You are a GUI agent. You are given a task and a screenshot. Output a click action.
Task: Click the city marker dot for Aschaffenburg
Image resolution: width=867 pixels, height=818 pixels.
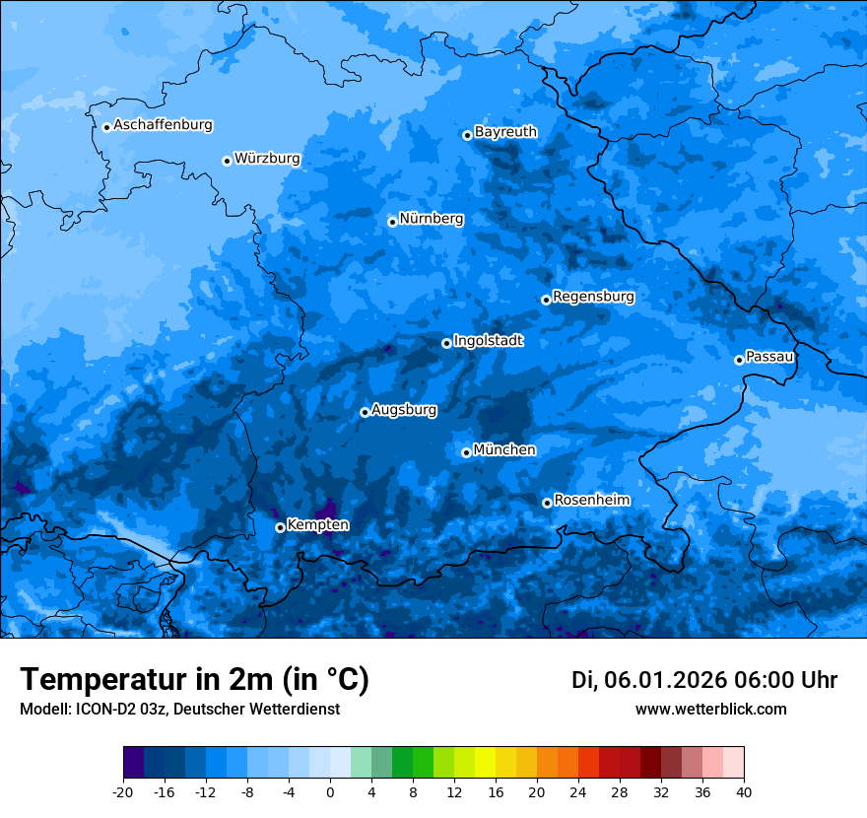point(106,126)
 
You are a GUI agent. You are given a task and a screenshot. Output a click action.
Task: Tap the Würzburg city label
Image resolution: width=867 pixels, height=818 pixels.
point(267,159)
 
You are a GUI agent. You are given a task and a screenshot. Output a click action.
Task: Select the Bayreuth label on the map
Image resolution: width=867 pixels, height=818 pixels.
point(505,131)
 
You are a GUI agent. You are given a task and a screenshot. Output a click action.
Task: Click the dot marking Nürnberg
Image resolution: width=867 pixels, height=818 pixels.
point(392,222)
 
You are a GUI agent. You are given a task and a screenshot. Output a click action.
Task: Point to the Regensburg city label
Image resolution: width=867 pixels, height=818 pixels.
point(593,296)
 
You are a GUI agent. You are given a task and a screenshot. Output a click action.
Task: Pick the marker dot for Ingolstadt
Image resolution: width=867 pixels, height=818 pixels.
point(446,343)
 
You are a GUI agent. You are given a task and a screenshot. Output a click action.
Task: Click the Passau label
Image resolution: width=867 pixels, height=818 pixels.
point(769,356)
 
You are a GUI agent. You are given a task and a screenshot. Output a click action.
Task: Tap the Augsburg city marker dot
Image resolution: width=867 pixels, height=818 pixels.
point(365,412)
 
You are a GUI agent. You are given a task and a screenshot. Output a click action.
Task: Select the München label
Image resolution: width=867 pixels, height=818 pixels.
point(503,449)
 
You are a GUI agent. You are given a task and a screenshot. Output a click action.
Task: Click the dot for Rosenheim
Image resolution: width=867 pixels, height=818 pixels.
point(547,503)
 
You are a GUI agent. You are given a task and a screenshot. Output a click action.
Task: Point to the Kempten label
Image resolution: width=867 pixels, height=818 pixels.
point(317,524)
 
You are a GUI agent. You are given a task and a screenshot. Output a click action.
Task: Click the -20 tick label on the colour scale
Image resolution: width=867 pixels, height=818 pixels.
point(123,791)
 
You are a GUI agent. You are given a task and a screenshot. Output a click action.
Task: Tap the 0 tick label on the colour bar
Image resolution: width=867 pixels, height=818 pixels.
point(330,791)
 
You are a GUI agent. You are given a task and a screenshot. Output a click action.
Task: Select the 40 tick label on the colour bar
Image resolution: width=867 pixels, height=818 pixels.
point(744,791)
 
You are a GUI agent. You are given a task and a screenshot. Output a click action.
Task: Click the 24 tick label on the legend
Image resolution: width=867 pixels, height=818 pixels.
point(578,791)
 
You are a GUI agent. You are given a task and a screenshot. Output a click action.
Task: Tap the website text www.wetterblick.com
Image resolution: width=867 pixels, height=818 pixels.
point(710,709)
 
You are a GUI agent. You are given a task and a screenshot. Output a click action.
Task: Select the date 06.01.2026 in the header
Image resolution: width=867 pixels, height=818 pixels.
point(665,680)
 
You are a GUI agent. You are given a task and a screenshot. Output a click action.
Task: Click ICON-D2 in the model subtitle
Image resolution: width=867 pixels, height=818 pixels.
point(99,709)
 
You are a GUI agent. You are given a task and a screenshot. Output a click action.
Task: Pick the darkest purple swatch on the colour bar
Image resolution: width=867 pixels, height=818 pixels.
point(133,763)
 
